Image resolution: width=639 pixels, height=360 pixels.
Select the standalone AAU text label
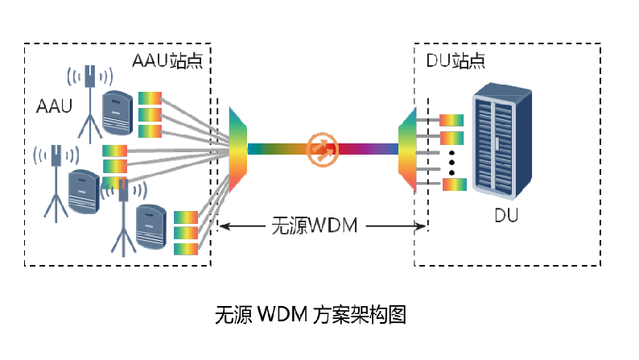pyautogui.click(x=55, y=106)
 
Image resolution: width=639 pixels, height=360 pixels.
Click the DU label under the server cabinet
pyautogui.click(x=505, y=216)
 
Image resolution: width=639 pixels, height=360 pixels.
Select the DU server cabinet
pyautogui.click(x=504, y=143)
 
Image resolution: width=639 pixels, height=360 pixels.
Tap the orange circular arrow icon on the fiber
pyautogui.click(x=322, y=149)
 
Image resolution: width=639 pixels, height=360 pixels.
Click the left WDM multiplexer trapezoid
pyautogui.click(x=240, y=149)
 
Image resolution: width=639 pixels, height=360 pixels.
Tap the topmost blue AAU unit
pyautogui.click(x=117, y=113)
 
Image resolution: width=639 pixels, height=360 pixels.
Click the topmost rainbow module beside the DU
pyautogui.click(x=452, y=120)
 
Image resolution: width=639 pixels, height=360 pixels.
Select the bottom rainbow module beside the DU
pyautogui.click(x=454, y=184)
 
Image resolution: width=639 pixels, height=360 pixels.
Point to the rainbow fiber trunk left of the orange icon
pyautogui.click(x=278, y=149)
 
